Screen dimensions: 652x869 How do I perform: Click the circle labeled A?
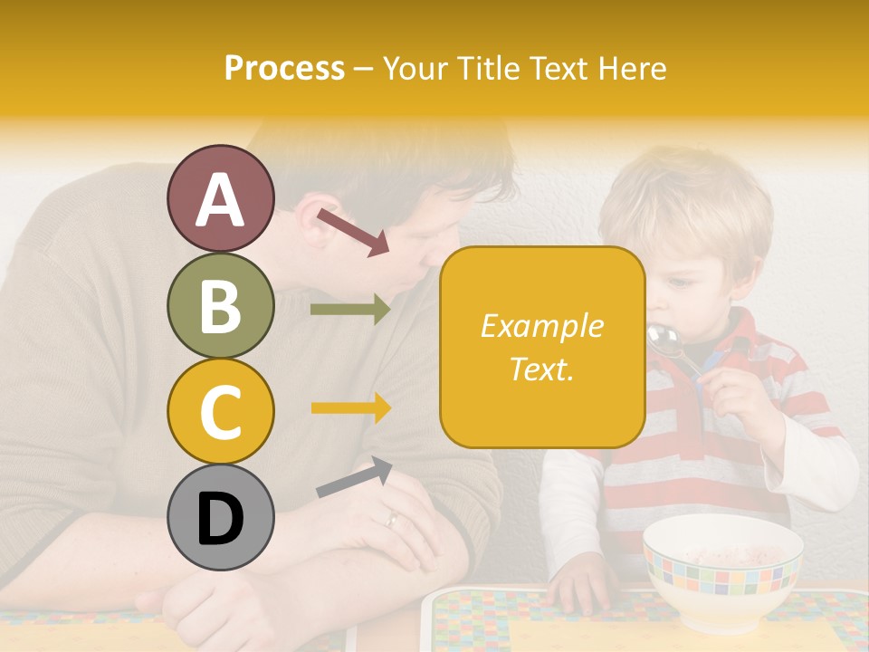coord(221,199)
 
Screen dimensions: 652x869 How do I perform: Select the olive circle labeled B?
coord(221,305)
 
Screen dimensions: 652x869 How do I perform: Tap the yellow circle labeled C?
coord(221,411)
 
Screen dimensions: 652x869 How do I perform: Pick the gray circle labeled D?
coord(221,517)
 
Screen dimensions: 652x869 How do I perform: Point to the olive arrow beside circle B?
coord(350,310)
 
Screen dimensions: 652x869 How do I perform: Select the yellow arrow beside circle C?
coord(350,407)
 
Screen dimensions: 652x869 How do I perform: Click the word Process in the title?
coord(284,69)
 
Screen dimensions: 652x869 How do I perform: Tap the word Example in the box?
coord(541,326)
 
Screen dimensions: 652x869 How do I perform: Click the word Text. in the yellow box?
coord(541,369)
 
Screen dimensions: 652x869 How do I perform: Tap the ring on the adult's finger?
coord(391,519)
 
